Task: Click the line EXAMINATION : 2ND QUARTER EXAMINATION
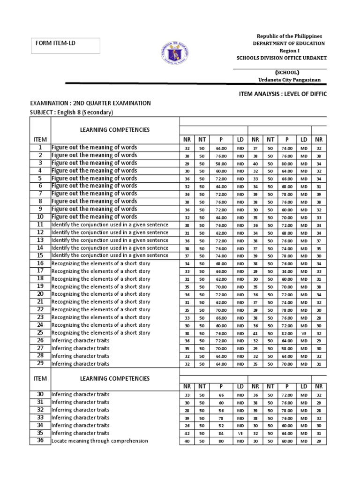(90, 103)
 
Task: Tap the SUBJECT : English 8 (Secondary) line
(72, 112)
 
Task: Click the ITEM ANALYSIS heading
(282, 94)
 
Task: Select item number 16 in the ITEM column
(40, 263)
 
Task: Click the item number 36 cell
(40, 441)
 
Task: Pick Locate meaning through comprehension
(100, 441)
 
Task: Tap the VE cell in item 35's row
(240, 433)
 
